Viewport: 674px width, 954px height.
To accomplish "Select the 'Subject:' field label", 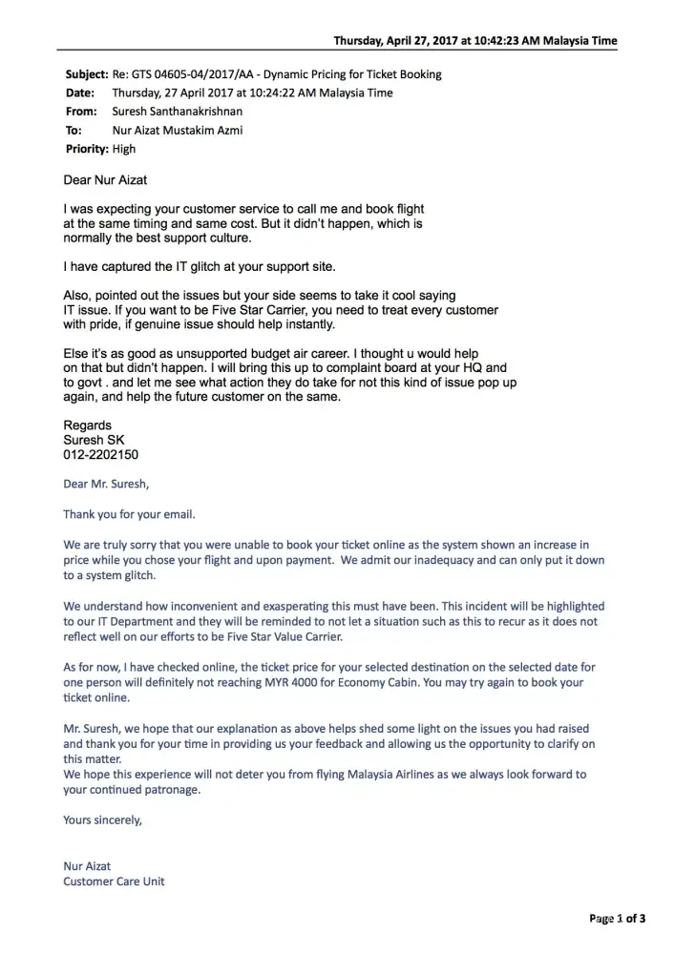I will click(86, 74).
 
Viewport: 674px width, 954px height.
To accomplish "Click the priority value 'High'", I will click(124, 149).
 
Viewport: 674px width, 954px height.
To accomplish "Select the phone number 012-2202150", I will click(100, 455).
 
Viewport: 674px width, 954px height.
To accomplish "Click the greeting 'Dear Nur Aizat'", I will click(105, 179).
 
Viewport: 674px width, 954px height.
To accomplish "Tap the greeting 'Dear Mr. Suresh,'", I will click(106, 484).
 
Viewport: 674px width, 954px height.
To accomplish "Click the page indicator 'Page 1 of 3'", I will click(618, 919).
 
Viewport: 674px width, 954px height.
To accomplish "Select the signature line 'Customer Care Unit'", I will click(114, 881).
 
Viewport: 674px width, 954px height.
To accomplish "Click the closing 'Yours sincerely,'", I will click(102, 819).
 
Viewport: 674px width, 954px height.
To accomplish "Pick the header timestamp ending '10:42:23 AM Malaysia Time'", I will click(475, 41).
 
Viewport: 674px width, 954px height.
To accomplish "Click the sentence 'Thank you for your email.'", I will click(129, 514).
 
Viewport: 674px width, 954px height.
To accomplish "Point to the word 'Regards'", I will click(87, 425).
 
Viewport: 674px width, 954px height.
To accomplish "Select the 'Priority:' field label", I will click(87, 149).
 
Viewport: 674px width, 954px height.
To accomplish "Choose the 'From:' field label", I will click(80, 112).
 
